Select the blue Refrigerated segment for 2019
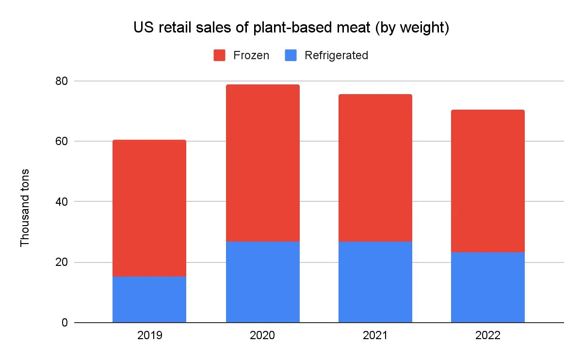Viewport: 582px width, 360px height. (149, 299)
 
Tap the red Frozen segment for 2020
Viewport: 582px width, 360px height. (262, 163)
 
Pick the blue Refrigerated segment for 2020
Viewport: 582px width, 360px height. (262, 282)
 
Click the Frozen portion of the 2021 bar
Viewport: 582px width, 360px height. (375, 168)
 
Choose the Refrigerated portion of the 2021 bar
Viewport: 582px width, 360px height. (375, 282)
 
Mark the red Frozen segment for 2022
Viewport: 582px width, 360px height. (487, 181)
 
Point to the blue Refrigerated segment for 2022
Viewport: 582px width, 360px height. (487, 287)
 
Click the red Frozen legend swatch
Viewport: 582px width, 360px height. (219, 55)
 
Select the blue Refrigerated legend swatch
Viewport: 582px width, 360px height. (291, 55)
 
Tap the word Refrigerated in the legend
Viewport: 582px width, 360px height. (336, 55)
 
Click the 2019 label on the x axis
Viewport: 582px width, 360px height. (149, 336)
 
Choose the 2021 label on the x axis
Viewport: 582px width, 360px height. (375, 336)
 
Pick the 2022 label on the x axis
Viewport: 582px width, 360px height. (487, 336)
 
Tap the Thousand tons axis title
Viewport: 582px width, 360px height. (25, 207)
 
